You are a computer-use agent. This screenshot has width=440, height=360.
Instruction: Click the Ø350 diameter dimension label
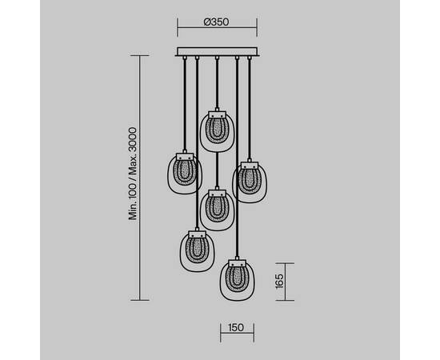coord(216,22)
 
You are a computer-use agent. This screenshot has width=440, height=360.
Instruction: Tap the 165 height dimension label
coord(279,281)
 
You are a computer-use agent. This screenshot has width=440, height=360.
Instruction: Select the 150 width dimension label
coord(236,327)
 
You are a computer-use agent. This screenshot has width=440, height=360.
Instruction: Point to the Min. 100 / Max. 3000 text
coord(133,174)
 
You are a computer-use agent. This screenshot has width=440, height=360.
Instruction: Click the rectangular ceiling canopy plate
coord(217,52)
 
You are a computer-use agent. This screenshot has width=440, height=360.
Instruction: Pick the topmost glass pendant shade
coord(217,131)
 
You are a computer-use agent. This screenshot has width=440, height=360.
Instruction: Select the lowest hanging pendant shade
coord(237,280)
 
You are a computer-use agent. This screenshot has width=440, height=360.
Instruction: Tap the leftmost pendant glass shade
coord(185,174)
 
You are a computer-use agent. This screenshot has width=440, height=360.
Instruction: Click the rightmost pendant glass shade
coord(250,182)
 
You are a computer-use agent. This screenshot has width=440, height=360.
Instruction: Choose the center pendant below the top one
coord(217,210)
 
